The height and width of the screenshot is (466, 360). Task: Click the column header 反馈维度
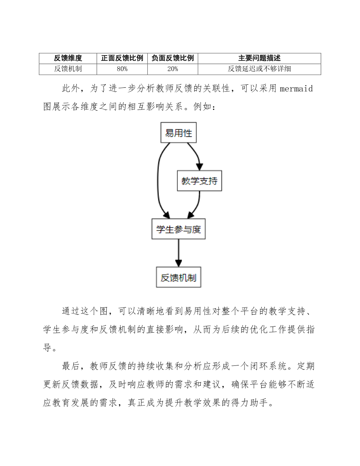point(68,58)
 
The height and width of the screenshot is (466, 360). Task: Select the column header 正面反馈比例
point(122,58)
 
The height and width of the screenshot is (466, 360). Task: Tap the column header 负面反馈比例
point(172,58)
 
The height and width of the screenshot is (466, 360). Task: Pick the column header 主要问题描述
point(259,58)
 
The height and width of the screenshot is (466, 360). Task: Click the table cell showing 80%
point(122,69)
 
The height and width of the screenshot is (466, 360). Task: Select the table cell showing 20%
point(172,69)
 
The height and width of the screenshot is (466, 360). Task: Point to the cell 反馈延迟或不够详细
point(259,69)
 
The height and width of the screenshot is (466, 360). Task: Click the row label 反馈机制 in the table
point(68,69)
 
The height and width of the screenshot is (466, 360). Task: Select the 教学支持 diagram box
point(199,181)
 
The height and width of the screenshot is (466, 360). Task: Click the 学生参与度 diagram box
point(179,229)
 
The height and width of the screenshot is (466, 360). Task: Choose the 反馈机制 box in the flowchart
point(179,278)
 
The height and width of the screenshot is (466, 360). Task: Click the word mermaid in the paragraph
point(296,89)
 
